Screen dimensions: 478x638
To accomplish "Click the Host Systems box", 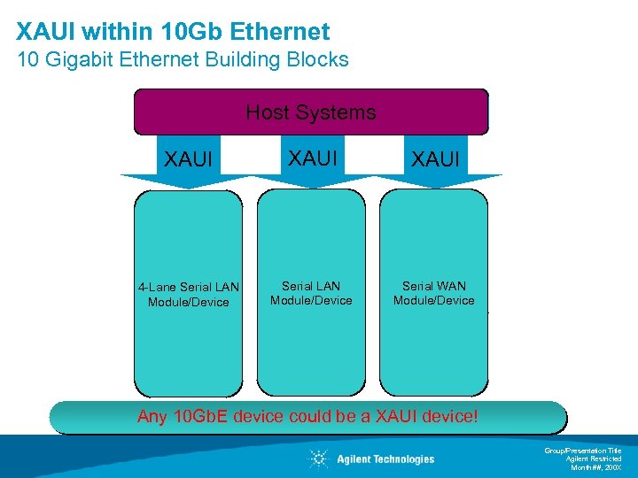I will click(310, 112).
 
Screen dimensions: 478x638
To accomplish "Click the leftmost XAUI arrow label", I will click(189, 159).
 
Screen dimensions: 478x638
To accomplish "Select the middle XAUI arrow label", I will click(311, 158).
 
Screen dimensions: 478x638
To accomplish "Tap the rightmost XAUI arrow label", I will click(434, 159).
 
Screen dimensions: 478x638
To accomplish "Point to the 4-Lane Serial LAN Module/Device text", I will click(188, 295).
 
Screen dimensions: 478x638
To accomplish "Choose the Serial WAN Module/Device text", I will click(434, 293).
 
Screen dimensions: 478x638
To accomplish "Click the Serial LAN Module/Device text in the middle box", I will click(311, 293).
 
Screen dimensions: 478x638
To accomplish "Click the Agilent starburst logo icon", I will click(318, 459).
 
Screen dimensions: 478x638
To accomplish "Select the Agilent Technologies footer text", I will click(385, 459).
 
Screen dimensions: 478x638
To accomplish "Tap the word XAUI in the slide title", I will click(46, 33).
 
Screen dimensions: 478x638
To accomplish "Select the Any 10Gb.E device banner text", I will click(307, 416).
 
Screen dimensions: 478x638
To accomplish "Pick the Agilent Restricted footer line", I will click(594, 459).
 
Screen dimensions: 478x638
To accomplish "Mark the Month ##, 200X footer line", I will click(595, 466).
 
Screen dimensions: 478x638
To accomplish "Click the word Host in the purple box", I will click(265, 112).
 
